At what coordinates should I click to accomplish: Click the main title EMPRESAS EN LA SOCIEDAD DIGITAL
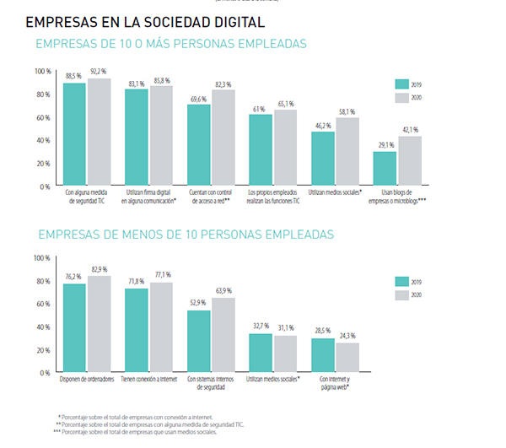pos(146,22)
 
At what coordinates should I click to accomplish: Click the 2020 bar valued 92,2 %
pos(99,132)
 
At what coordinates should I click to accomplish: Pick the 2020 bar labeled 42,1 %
pos(410,161)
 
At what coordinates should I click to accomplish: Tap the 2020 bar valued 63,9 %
pos(223,335)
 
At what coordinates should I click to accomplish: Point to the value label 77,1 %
pos(161,274)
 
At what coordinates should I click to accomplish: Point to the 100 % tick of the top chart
pos(43,71)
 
